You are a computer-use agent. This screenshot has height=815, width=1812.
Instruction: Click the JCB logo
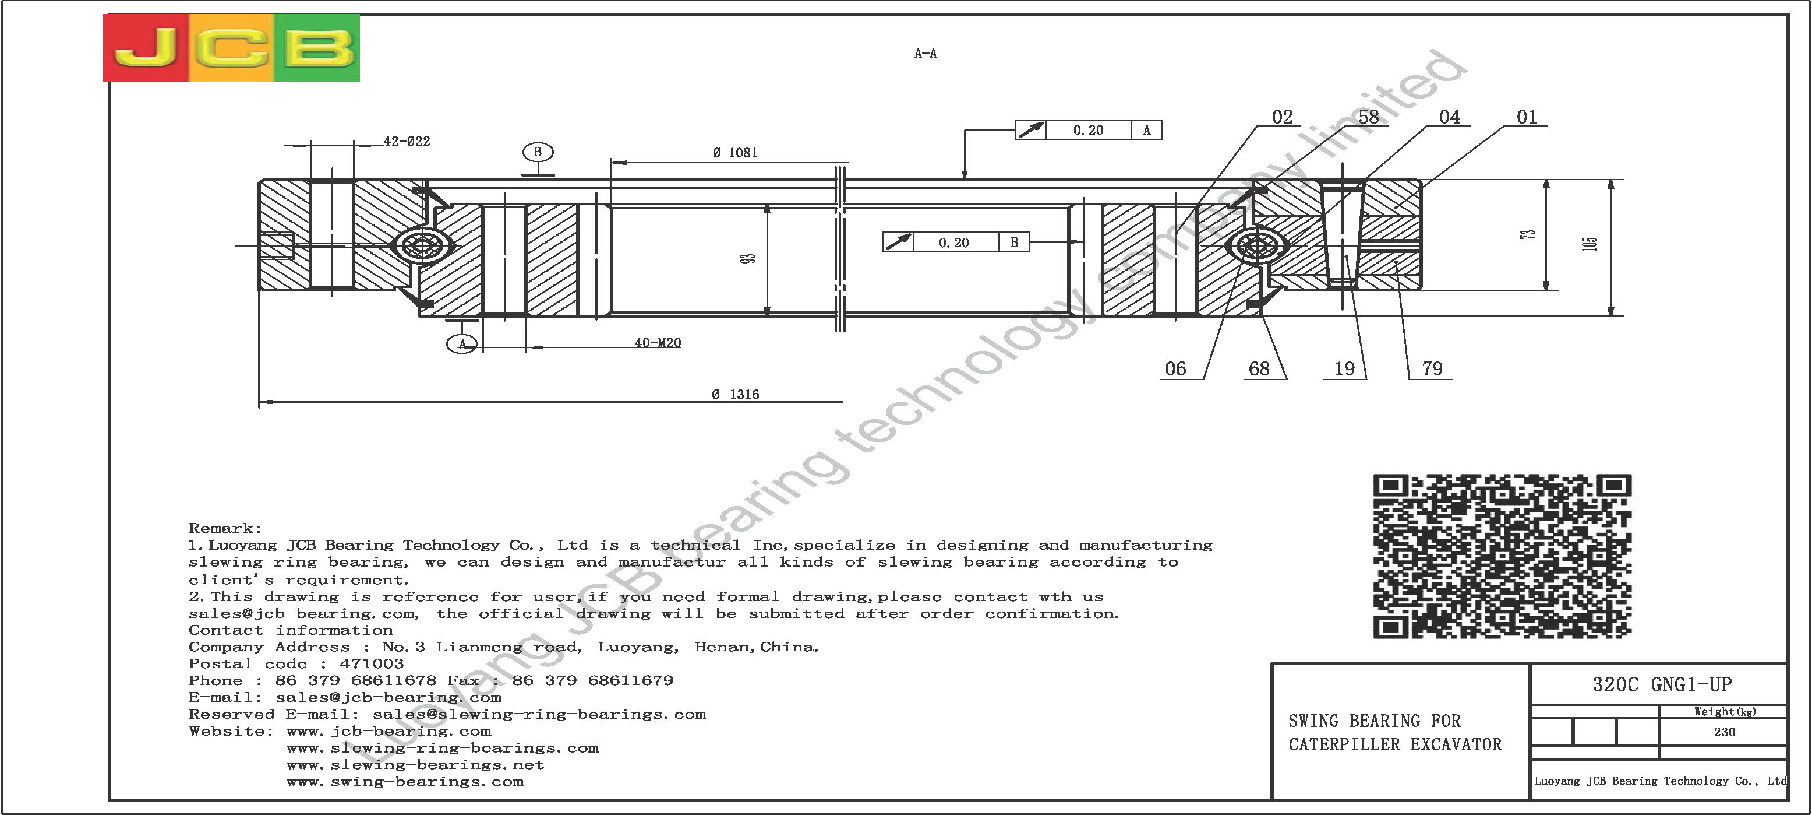pyautogui.click(x=231, y=47)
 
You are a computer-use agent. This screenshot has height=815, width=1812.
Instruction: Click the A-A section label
pyautogui.click(x=925, y=53)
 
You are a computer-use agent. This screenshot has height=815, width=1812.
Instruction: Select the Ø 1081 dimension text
pyautogui.click(x=734, y=152)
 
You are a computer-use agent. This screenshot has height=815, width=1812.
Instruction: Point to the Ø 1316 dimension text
pyautogui.click(x=735, y=394)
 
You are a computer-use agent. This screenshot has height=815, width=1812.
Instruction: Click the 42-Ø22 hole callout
pyautogui.click(x=407, y=140)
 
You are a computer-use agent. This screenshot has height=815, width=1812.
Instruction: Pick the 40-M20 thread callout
pyautogui.click(x=658, y=343)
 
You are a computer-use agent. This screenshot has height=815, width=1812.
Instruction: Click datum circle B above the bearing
pyautogui.click(x=538, y=152)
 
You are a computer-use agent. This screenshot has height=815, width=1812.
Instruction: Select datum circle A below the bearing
pyautogui.click(x=462, y=344)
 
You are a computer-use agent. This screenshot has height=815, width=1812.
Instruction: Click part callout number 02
pyautogui.click(x=1283, y=117)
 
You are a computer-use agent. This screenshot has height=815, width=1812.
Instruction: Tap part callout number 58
pyautogui.click(x=1368, y=117)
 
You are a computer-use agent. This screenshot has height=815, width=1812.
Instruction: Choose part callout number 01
pyautogui.click(x=1527, y=117)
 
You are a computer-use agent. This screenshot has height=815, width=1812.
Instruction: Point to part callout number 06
pyautogui.click(x=1175, y=369)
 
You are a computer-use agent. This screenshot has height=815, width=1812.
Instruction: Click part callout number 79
pyautogui.click(x=1432, y=369)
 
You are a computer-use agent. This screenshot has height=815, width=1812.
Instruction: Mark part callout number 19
pyautogui.click(x=1344, y=369)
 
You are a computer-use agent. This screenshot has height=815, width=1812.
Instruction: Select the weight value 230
pyautogui.click(x=1724, y=732)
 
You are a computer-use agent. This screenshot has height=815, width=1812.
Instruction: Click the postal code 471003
pyautogui.click(x=372, y=663)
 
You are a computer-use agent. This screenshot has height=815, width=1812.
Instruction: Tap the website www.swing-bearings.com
pyautogui.click(x=405, y=782)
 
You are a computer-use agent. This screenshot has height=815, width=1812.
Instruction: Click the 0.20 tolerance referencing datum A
pyautogui.click(x=1088, y=130)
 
